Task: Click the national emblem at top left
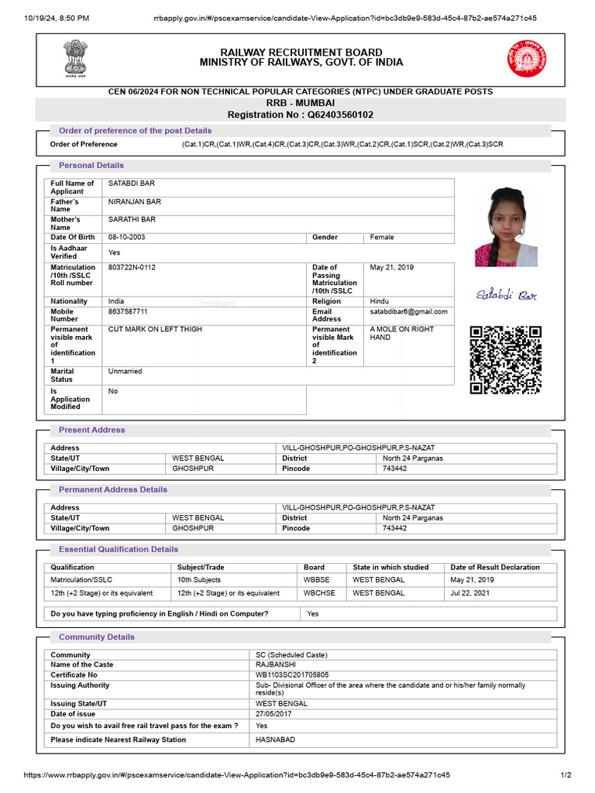[76, 58]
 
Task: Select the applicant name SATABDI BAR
[132, 184]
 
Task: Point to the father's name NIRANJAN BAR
[135, 201]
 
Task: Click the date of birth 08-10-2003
[127, 237]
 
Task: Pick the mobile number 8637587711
[128, 311]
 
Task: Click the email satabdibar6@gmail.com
[409, 311]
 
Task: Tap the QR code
[506, 360]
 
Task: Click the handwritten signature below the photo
[506, 295]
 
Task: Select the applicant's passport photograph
[506, 226]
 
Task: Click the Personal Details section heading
[91, 165]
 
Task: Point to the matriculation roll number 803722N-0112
[132, 267]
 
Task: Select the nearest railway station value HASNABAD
[275, 740]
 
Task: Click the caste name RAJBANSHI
[276, 664]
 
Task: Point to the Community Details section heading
[97, 637]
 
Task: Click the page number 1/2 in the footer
[566, 775]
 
